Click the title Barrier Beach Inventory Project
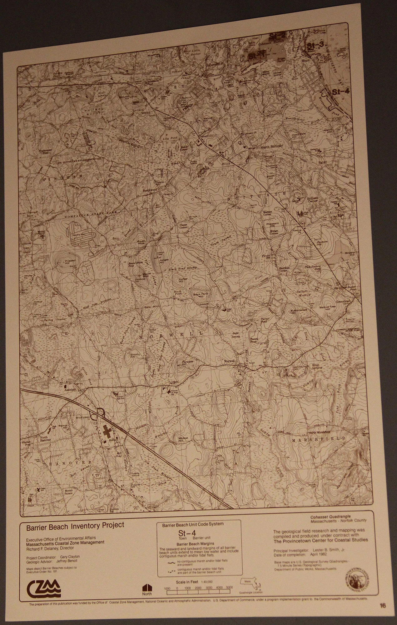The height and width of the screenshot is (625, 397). pos(75,525)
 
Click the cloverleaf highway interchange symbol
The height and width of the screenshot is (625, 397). pos(101,412)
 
